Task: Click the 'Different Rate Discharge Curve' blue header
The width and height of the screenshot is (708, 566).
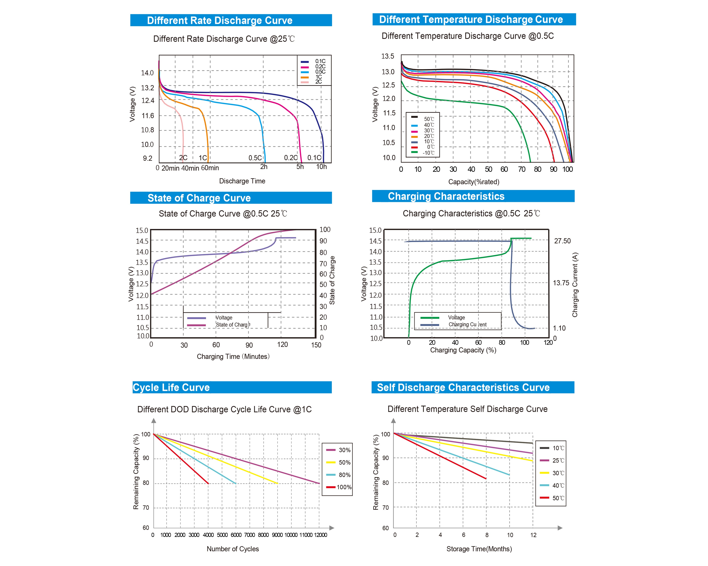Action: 231,20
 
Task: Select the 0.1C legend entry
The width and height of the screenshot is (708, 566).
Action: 313,61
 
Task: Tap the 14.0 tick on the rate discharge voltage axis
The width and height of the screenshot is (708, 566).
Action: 147,73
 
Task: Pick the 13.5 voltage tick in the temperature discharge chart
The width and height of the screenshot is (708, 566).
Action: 387,56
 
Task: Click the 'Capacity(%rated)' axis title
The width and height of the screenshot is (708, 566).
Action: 474,182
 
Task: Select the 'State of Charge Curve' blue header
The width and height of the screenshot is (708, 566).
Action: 231,198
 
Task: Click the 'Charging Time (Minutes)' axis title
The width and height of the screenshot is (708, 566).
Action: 233,357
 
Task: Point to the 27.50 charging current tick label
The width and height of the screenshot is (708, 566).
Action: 563,241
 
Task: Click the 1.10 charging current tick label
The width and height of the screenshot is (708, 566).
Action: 559,328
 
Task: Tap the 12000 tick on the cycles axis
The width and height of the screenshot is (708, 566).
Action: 321,535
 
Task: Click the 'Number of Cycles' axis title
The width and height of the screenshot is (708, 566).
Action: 233,549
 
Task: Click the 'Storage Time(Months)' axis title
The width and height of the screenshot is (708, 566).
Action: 479,549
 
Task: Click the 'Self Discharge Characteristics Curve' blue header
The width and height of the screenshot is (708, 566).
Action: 473,387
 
